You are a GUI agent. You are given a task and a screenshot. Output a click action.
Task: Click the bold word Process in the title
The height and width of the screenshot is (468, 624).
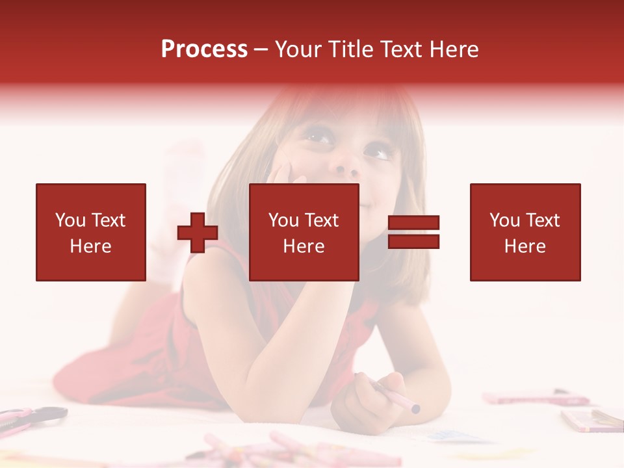(204, 49)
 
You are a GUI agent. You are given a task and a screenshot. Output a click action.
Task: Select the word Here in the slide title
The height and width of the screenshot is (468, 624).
(452, 49)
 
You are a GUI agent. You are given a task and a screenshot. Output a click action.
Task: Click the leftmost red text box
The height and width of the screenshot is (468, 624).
(91, 232)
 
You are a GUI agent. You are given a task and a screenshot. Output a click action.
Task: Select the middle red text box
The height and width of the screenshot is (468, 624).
(304, 232)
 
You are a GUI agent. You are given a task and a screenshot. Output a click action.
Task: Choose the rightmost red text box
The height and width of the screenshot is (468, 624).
(525, 232)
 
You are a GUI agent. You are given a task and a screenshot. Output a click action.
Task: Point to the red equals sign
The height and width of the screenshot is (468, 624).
(413, 232)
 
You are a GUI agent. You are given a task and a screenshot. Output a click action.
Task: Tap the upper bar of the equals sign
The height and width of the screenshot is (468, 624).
(413, 223)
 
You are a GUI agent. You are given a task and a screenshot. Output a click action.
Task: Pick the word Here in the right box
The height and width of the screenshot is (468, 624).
(525, 246)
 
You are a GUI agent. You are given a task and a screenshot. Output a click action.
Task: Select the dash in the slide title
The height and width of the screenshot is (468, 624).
(261, 49)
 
